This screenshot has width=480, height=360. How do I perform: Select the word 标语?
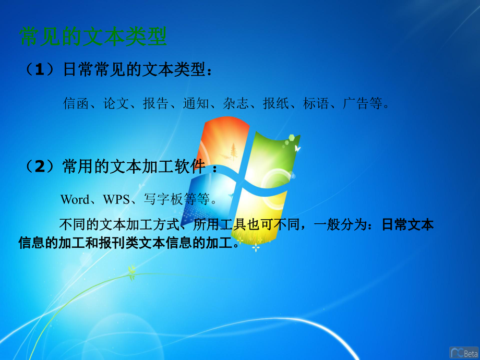tap(316, 103)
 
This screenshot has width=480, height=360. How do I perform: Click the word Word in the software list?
tap(75, 199)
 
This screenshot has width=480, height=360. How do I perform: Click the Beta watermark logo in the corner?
tap(463, 352)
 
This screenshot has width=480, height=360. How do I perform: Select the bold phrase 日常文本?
tap(407, 225)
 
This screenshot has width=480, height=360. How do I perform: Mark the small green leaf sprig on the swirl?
tap(132, 270)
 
